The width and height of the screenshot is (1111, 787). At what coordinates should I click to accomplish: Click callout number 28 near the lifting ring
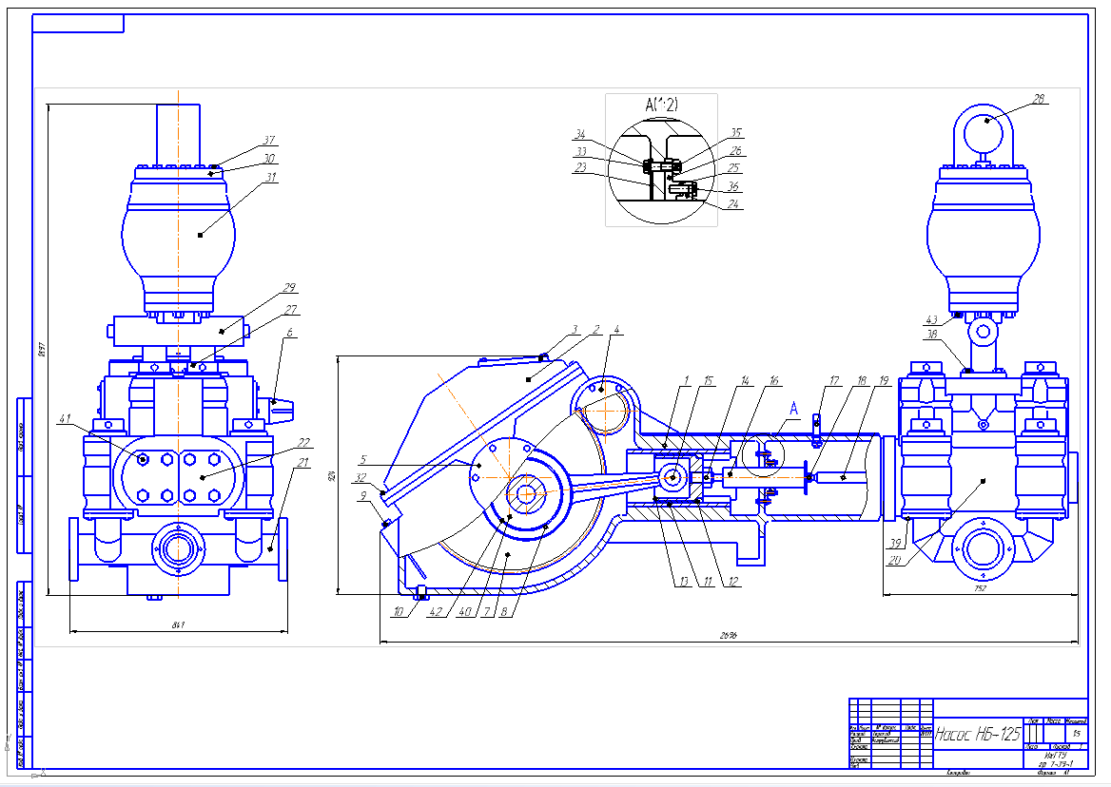(x=1039, y=98)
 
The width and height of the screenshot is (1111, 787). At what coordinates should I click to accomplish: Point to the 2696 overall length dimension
(x=729, y=634)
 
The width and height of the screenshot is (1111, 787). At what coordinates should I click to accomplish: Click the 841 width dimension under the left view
(x=177, y=624)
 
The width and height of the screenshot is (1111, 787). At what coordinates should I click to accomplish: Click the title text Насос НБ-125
(x=978, y=734)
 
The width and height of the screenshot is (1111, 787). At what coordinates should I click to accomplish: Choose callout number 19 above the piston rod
(x=884, y=380)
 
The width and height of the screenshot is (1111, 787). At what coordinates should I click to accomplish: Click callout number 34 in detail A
(x=579, y=134)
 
